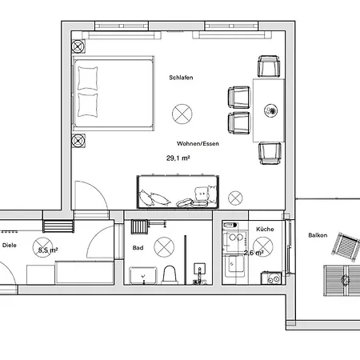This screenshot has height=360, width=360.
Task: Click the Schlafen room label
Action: tap(181, 78)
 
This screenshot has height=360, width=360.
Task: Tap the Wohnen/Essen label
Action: tap(183, 143)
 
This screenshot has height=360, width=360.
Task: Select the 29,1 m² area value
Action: tap(178, 158)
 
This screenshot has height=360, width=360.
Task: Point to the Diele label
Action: tap(9, 246)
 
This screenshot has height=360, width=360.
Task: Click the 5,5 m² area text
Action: tap(48, 250)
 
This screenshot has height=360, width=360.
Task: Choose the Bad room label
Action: tap(138, 248)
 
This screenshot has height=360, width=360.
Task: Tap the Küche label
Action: tap(264, 229)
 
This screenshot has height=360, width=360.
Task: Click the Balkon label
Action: tap(318, 235)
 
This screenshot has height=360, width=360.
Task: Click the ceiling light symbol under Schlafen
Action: tap(183, 114)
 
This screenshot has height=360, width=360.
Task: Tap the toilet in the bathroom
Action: tap(169, 274)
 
